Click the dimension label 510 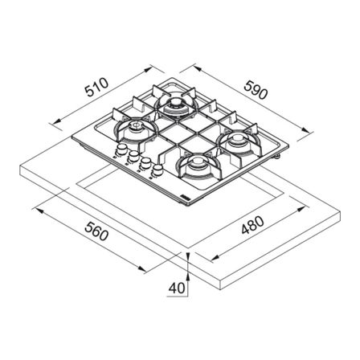tap(96, 87)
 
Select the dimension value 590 tap(256, 90)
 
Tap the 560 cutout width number tap(96, 232)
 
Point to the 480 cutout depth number tap(252, 225)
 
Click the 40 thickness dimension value tap(177, 288)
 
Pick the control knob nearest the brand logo tap(157, 170)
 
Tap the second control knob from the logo tap(145, 162)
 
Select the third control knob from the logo tap(133, 155)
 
